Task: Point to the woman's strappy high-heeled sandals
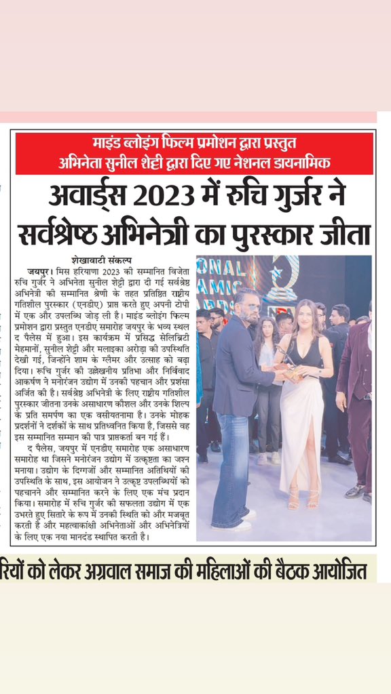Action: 303,498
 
